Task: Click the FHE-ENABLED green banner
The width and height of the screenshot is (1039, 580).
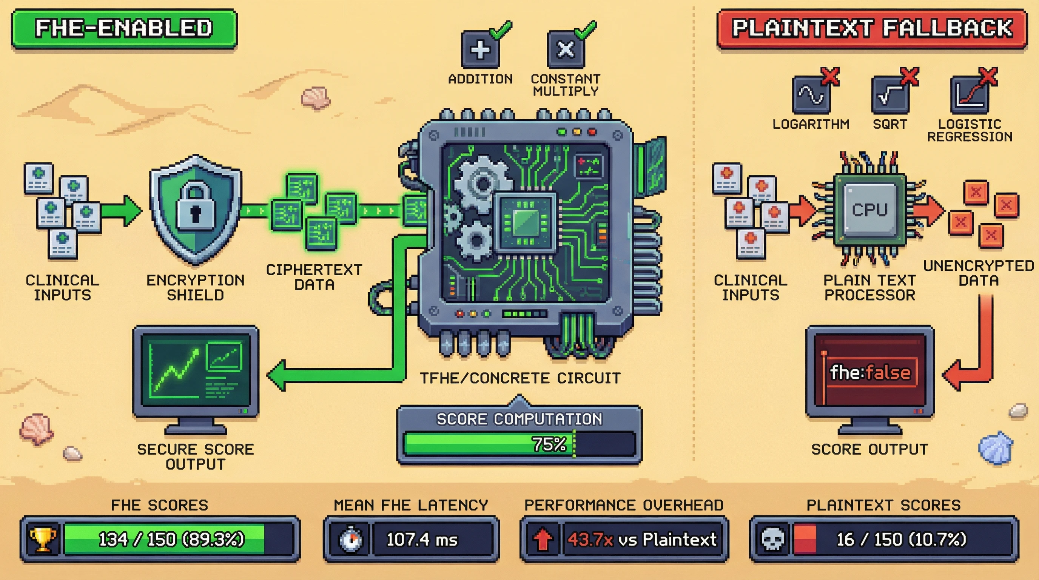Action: pyautogui.click(x=124, y=29)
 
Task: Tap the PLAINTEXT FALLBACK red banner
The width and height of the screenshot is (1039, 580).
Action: pyautogui.click(x=872, y=29)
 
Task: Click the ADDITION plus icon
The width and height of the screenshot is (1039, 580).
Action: pyautogui.click(x=480, y=50)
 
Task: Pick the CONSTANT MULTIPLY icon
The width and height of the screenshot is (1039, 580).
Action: pyautogui.click(x=566, y=50)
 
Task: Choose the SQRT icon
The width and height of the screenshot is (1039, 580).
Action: pyautogui.click(x=890, y=95)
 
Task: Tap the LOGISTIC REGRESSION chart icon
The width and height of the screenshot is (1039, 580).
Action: pyautogui.click(x=969, y=95)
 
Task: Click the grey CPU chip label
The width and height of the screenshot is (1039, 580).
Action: pyautogui.click(x=869, y=210)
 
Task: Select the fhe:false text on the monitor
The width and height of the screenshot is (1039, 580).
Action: pyautogui.click(x=870, y=372)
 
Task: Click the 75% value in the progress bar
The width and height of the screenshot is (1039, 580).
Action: pyautogui.click(x=549, y=444)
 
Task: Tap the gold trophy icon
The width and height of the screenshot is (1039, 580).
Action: pyautogui.click(x=43, y=539)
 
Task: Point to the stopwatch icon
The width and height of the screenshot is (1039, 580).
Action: pyautogui.click(x=350, y=539)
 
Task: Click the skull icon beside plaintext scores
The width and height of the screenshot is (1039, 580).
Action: pyautogui.click(x=772, y=539)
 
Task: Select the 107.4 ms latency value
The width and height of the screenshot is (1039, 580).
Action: pyautogui.click(x=422, y=539)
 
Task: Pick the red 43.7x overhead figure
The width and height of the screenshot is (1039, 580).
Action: pyautogui.click(x=590, y=539)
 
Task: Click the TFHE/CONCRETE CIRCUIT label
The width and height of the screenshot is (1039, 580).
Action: pyautogui.click(x=520, y=378)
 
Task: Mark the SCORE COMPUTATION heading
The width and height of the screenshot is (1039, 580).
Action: pyautogui.click(x=519, y=419)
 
